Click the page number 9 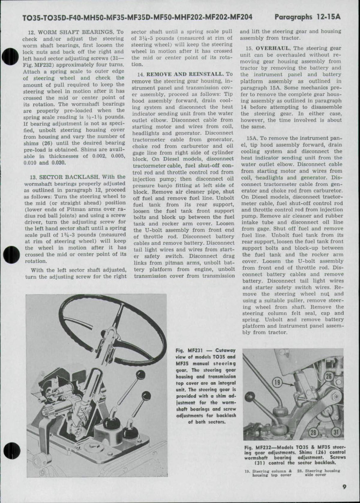[345, 486]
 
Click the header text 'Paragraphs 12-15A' [308, 17]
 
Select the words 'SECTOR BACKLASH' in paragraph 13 [69, 177]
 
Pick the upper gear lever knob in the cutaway [140, 374]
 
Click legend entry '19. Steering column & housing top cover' [267, 472]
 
